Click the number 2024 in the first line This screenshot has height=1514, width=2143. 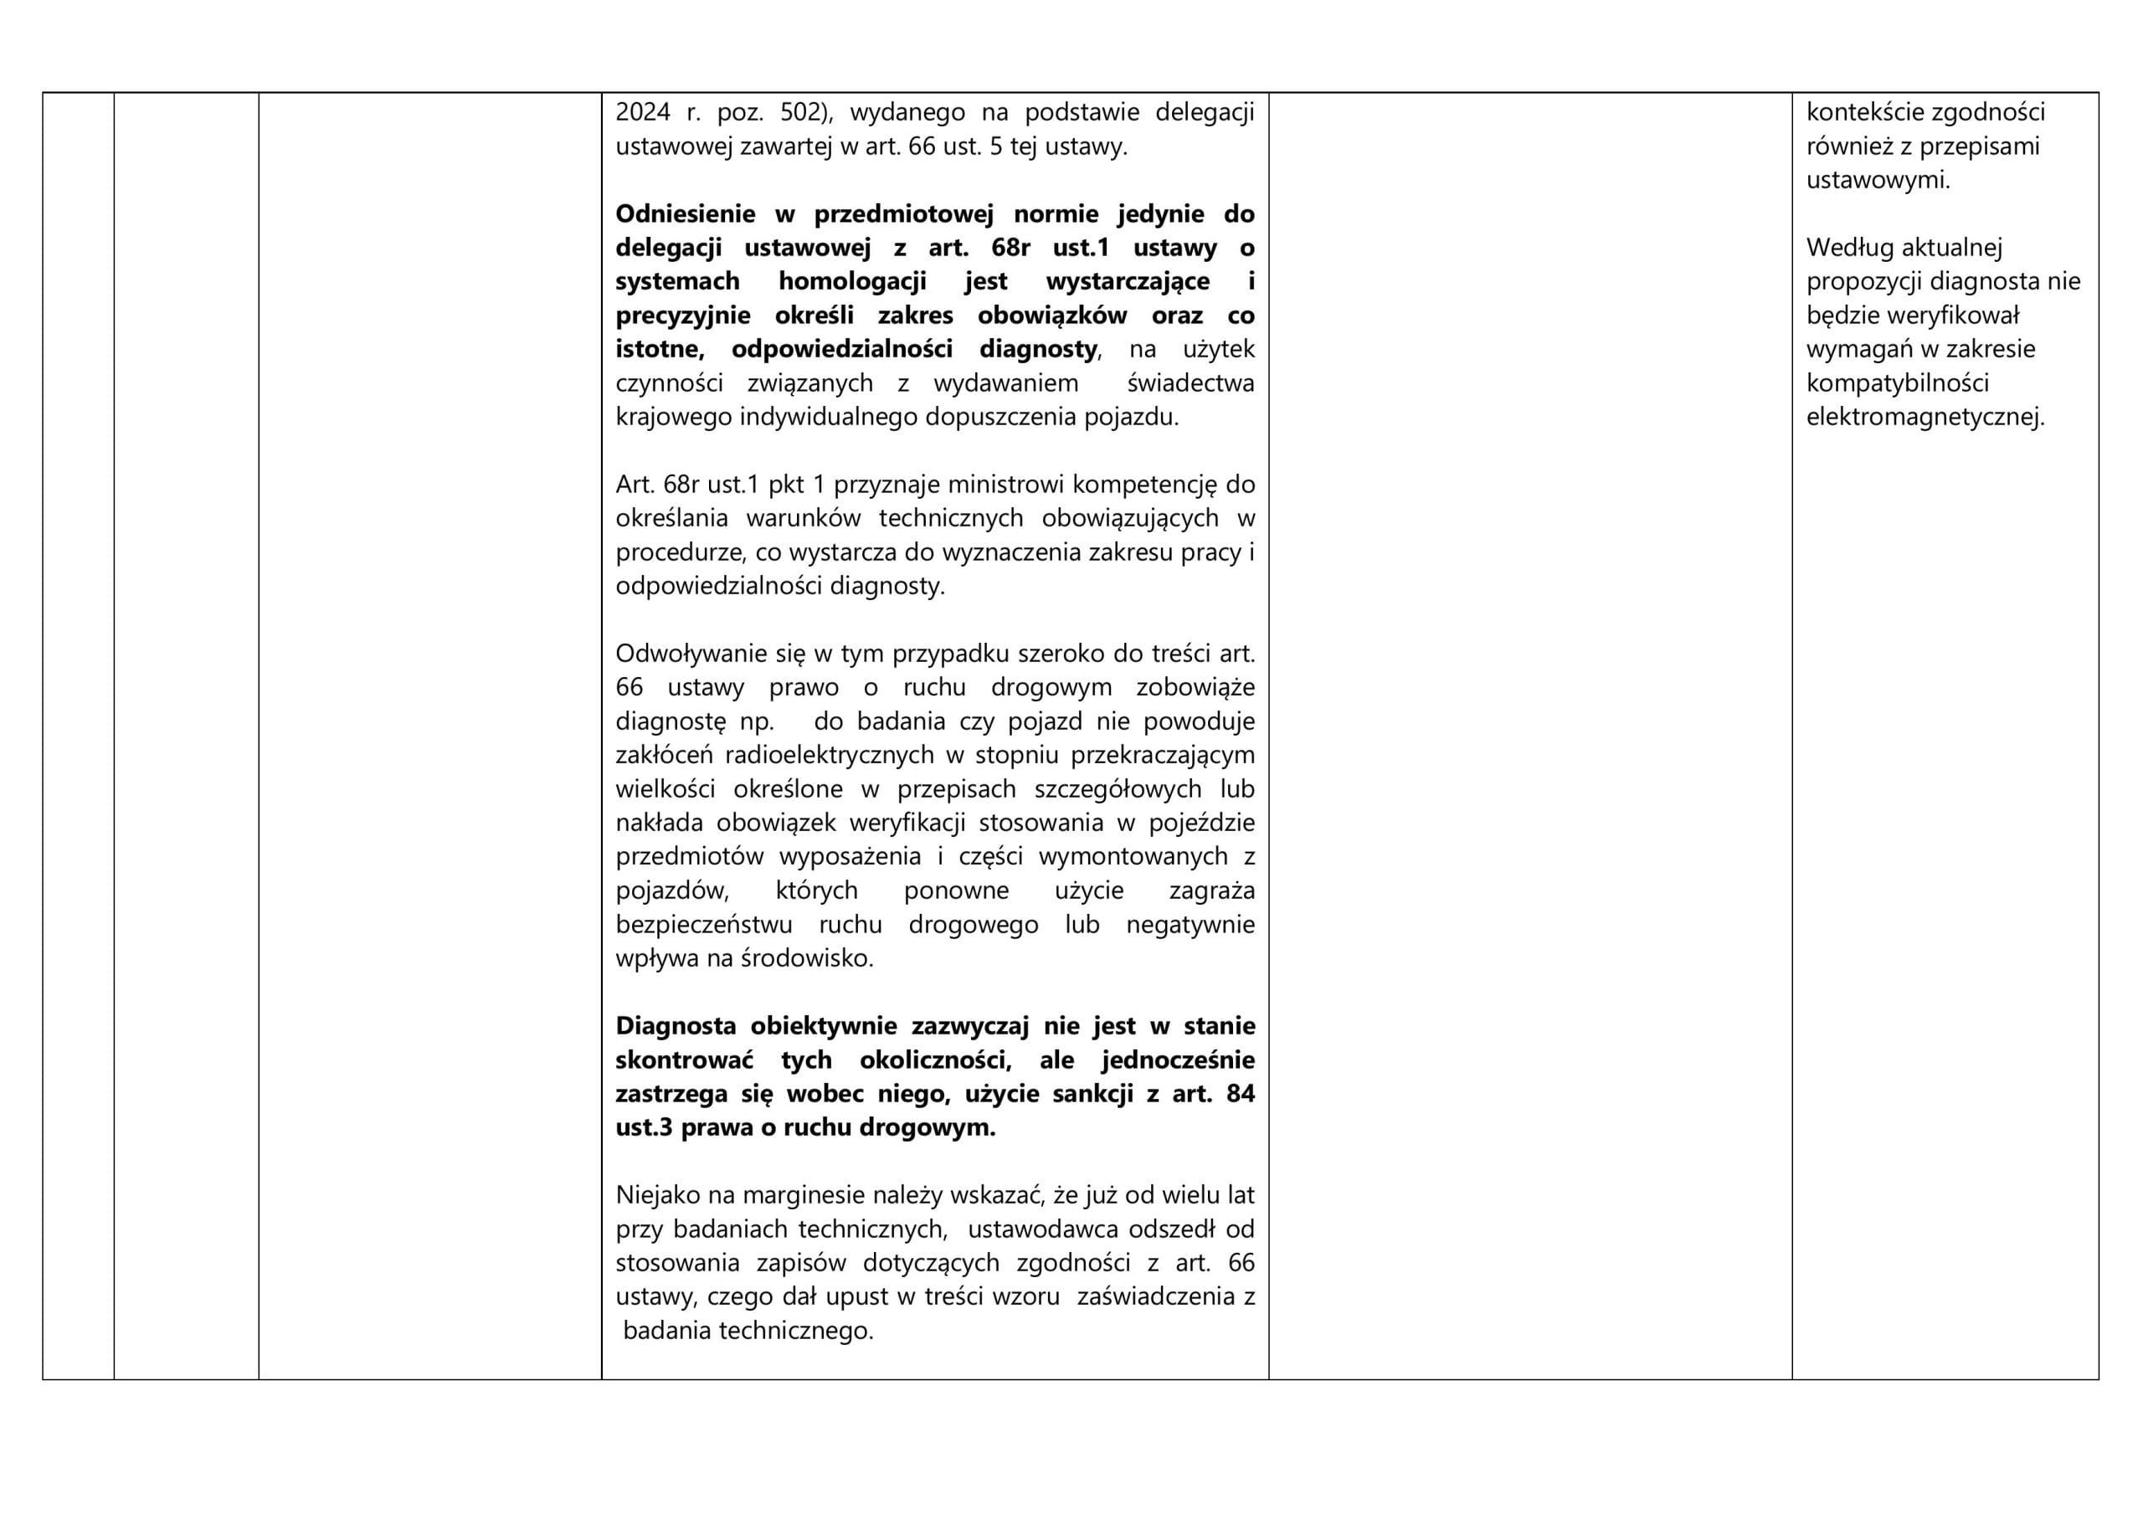tap(642, 113)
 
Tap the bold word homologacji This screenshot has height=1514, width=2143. tap(852, 281)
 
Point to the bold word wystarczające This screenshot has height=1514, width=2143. tap(1128, 281)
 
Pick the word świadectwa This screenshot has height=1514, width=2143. tap(1190, 382)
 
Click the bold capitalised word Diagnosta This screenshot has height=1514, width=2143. tap(676, 1026)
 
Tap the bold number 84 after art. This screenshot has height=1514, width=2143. tap(1240, 1094)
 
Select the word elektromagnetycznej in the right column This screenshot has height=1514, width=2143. tap(1925, 418)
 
